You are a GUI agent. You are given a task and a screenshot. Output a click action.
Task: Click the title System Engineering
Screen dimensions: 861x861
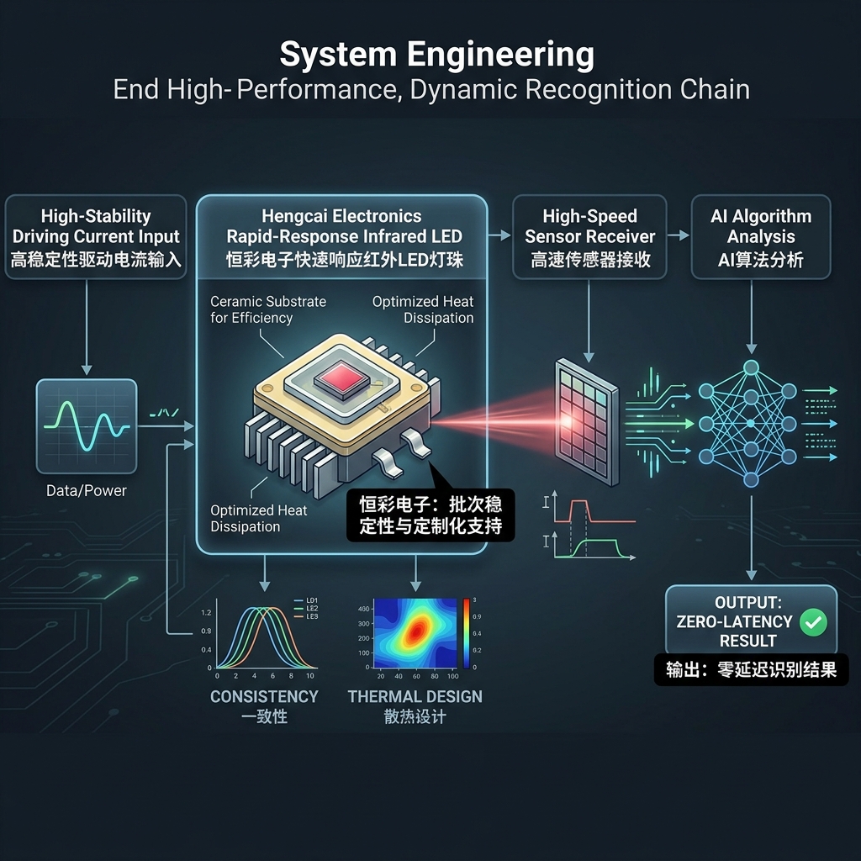point(436,55)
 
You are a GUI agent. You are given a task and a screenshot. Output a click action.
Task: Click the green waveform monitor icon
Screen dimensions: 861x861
point(87,425)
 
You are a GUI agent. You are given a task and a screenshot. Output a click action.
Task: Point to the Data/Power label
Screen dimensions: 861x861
point(87,490)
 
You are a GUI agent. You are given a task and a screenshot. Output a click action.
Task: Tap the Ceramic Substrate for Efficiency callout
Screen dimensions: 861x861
point(268,309)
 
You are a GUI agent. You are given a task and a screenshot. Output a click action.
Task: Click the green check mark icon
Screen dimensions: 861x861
point(813,622)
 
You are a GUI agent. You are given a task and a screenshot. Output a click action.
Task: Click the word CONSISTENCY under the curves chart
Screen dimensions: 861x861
point(264,696)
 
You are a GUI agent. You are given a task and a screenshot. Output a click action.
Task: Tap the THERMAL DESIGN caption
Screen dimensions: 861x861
point(415,696)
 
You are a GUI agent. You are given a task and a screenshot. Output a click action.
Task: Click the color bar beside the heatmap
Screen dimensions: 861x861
point(466,633)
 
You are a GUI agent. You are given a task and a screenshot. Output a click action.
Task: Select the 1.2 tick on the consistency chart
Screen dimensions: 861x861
point(206,612)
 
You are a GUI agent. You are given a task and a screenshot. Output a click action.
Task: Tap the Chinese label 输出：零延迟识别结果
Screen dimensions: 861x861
point(752,670)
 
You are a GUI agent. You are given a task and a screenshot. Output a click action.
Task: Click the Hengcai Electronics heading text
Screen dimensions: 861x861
point(341,217)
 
